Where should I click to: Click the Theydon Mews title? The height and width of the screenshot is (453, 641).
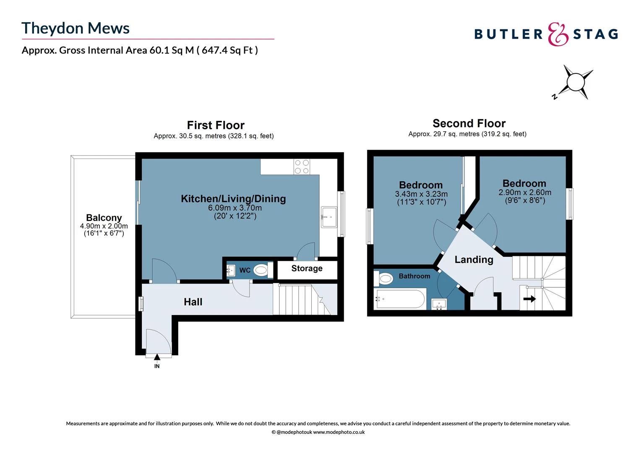76,28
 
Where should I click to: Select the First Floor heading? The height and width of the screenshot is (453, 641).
216,125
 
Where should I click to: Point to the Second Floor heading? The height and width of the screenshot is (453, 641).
469,123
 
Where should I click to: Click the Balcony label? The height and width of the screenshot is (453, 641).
104,218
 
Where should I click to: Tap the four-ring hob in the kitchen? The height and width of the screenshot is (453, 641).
302,167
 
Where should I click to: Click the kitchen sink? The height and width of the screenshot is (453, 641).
329,217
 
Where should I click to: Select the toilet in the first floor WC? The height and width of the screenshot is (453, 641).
261,270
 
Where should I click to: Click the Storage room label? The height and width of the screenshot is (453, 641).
307,268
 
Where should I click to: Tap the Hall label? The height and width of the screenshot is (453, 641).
193,302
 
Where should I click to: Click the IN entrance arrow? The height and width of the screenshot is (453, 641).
157,358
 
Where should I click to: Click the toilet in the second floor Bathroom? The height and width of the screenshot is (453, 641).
386,278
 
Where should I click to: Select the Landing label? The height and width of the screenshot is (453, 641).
474,260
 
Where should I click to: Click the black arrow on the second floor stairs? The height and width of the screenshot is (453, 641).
529,299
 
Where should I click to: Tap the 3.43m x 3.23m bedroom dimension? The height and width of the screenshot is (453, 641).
421,194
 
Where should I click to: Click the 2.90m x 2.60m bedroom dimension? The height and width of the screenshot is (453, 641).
525,193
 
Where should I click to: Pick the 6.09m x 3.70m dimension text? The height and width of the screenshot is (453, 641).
235,208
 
